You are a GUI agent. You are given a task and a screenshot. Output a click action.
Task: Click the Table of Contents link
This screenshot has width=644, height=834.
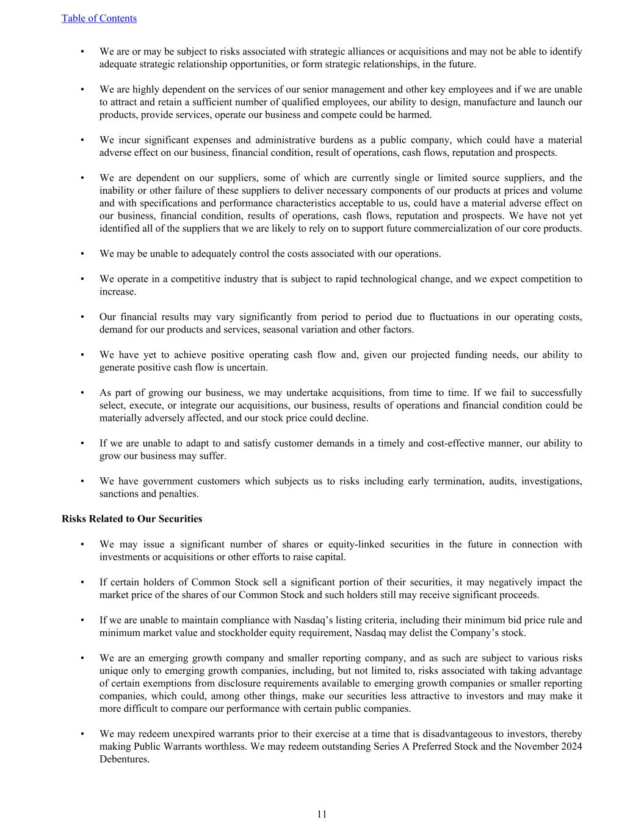[99, 18]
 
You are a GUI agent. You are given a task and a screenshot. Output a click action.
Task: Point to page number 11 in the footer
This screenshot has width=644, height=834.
[322, 814]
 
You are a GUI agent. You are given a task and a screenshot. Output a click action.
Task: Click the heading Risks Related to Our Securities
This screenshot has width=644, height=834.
[132, 519]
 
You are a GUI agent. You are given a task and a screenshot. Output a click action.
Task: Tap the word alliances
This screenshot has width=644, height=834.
[349, 51]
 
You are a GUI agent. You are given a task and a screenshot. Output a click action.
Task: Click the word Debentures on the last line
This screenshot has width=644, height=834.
[124, 759]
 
